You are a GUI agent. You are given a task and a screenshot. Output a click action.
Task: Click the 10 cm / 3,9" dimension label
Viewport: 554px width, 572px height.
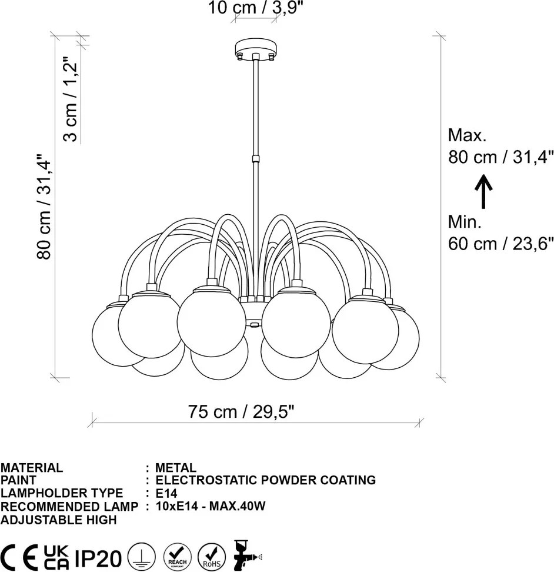pos(255,7)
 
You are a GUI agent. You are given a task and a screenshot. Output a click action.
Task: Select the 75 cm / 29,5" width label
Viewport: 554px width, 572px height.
pos(241,412)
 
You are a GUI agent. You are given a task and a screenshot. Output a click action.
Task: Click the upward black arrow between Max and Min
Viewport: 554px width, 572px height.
pos(483,191)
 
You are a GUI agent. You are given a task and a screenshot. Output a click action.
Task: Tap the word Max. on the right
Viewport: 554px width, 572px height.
pos(467,135)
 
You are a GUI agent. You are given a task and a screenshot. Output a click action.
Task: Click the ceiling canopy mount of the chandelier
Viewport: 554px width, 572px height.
pos(256,49)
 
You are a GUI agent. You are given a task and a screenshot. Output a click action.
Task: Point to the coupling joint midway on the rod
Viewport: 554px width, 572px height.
pos(256,159)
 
